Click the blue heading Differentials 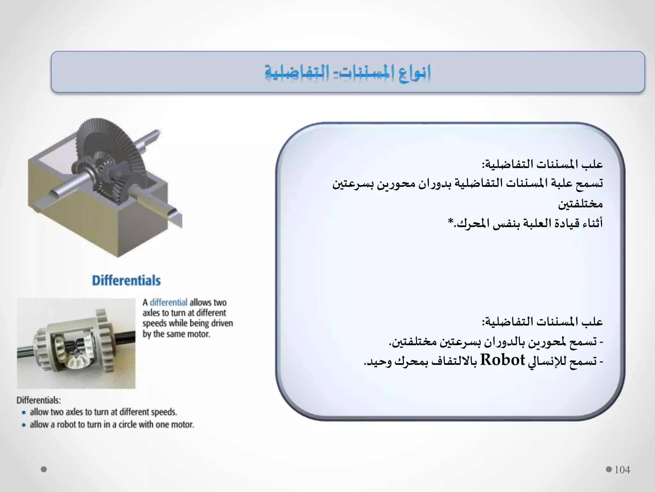point(126,280)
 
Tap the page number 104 point(622,470)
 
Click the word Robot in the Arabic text point(503,360)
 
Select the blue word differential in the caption point(168,302)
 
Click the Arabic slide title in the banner point(348,72)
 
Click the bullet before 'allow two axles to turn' point(24,413)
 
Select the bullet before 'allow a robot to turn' point(24,425)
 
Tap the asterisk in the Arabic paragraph point(451,221)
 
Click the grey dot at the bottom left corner point(44,469)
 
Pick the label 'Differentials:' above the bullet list point(38,400)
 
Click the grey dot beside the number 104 point(609,470)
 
